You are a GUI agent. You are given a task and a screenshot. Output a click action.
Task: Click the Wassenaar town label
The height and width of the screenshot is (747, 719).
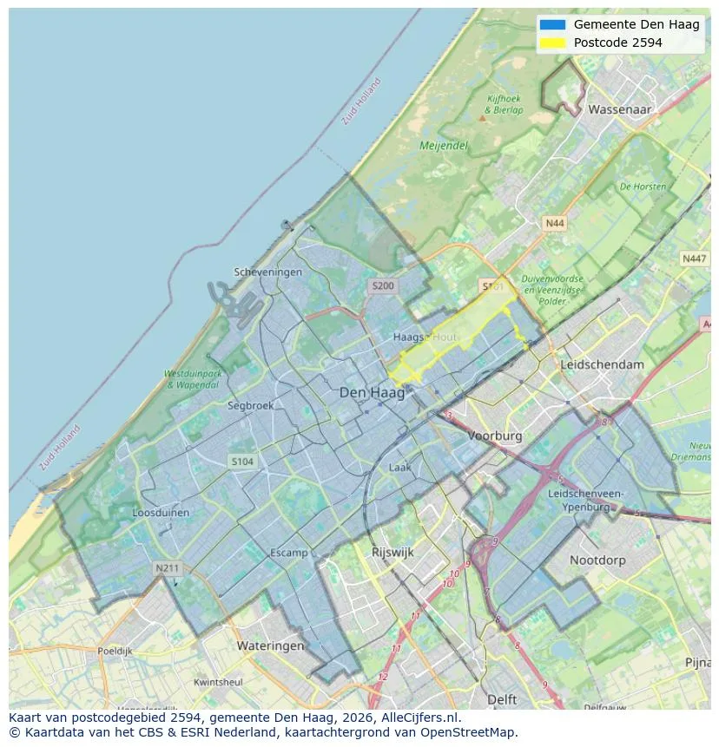click(619, 110)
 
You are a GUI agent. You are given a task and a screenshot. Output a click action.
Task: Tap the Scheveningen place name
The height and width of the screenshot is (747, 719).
click(268, 272)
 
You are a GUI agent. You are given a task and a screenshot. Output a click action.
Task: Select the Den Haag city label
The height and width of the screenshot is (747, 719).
click(372, 393)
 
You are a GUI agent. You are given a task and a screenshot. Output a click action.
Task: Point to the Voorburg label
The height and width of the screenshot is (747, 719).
click(495, 436)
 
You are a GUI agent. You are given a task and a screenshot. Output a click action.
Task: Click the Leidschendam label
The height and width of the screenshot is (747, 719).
click(603, 364)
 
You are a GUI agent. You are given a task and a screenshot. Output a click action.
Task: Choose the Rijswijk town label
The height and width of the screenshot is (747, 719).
click(392, 552)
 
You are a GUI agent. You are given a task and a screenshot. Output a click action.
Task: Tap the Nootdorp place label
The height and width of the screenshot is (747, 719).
click(597, 560)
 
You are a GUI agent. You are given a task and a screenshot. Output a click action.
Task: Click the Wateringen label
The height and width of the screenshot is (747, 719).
click(270, 645)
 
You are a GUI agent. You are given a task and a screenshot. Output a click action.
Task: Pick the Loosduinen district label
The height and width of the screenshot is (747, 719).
click(161, 513)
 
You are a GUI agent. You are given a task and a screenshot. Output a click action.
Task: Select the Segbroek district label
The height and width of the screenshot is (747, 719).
click(250, 405)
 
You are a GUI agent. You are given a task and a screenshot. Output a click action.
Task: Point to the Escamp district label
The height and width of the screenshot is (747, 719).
click(288, 553)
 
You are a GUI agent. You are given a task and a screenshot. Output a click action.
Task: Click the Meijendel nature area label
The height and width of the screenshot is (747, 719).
click(444, 146)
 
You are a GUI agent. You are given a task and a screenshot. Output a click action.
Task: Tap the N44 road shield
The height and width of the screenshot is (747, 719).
click(554, 224)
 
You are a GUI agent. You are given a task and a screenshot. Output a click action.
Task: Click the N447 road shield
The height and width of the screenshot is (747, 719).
click(694, 259)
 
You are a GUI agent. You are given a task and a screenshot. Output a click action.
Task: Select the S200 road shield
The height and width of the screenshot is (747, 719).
click(382, 285)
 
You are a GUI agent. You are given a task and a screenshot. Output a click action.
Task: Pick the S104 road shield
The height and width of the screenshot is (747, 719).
click(242, 462)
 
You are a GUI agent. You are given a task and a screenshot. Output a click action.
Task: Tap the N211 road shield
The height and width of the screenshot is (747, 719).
click(167, 568)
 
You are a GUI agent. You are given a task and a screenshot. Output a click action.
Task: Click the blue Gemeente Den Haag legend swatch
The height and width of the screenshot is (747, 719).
click(551, 24)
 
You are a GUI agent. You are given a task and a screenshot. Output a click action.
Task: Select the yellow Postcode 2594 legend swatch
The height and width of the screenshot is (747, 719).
click(551, 43)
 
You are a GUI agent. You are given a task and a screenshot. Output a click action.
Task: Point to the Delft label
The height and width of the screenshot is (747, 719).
click(501, 699)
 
